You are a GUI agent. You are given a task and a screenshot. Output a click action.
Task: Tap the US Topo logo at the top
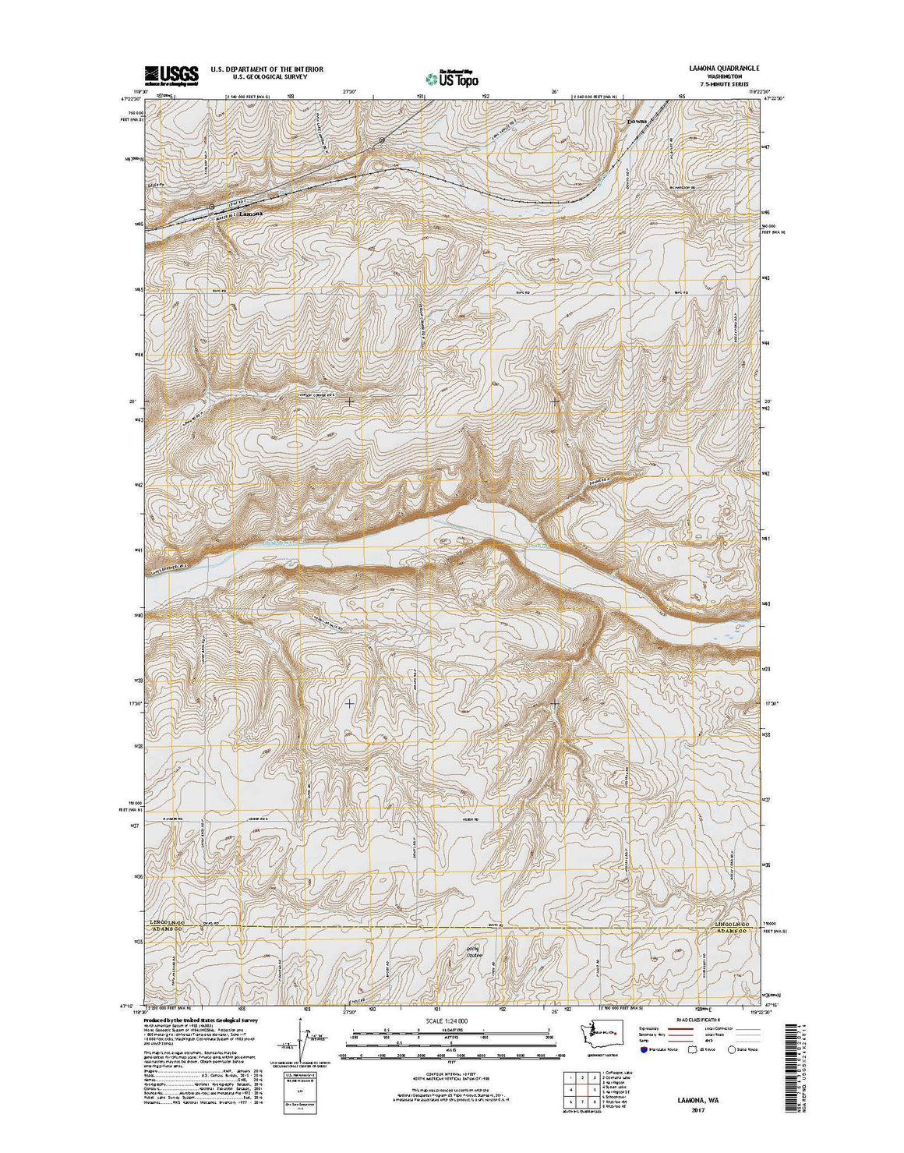(452, 77)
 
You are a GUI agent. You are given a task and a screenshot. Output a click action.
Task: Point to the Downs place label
(638, 122)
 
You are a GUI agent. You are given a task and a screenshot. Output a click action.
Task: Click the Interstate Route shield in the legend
(644, 1049)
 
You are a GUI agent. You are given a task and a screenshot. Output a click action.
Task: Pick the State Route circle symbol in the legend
(731, 1049)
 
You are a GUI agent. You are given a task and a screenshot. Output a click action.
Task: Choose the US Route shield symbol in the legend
(687, 1049)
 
